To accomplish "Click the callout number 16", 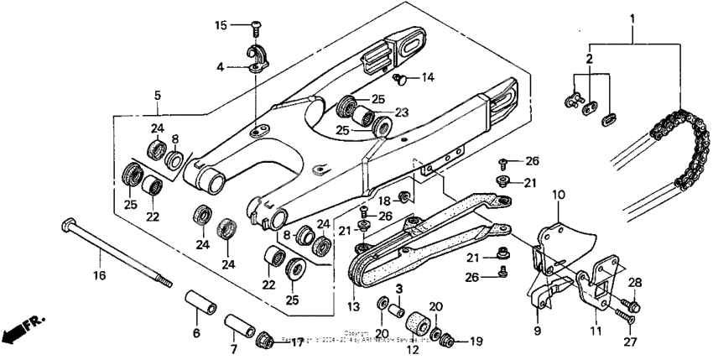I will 99,274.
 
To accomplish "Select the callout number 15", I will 221,25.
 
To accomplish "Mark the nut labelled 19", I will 450,340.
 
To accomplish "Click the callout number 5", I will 157,96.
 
